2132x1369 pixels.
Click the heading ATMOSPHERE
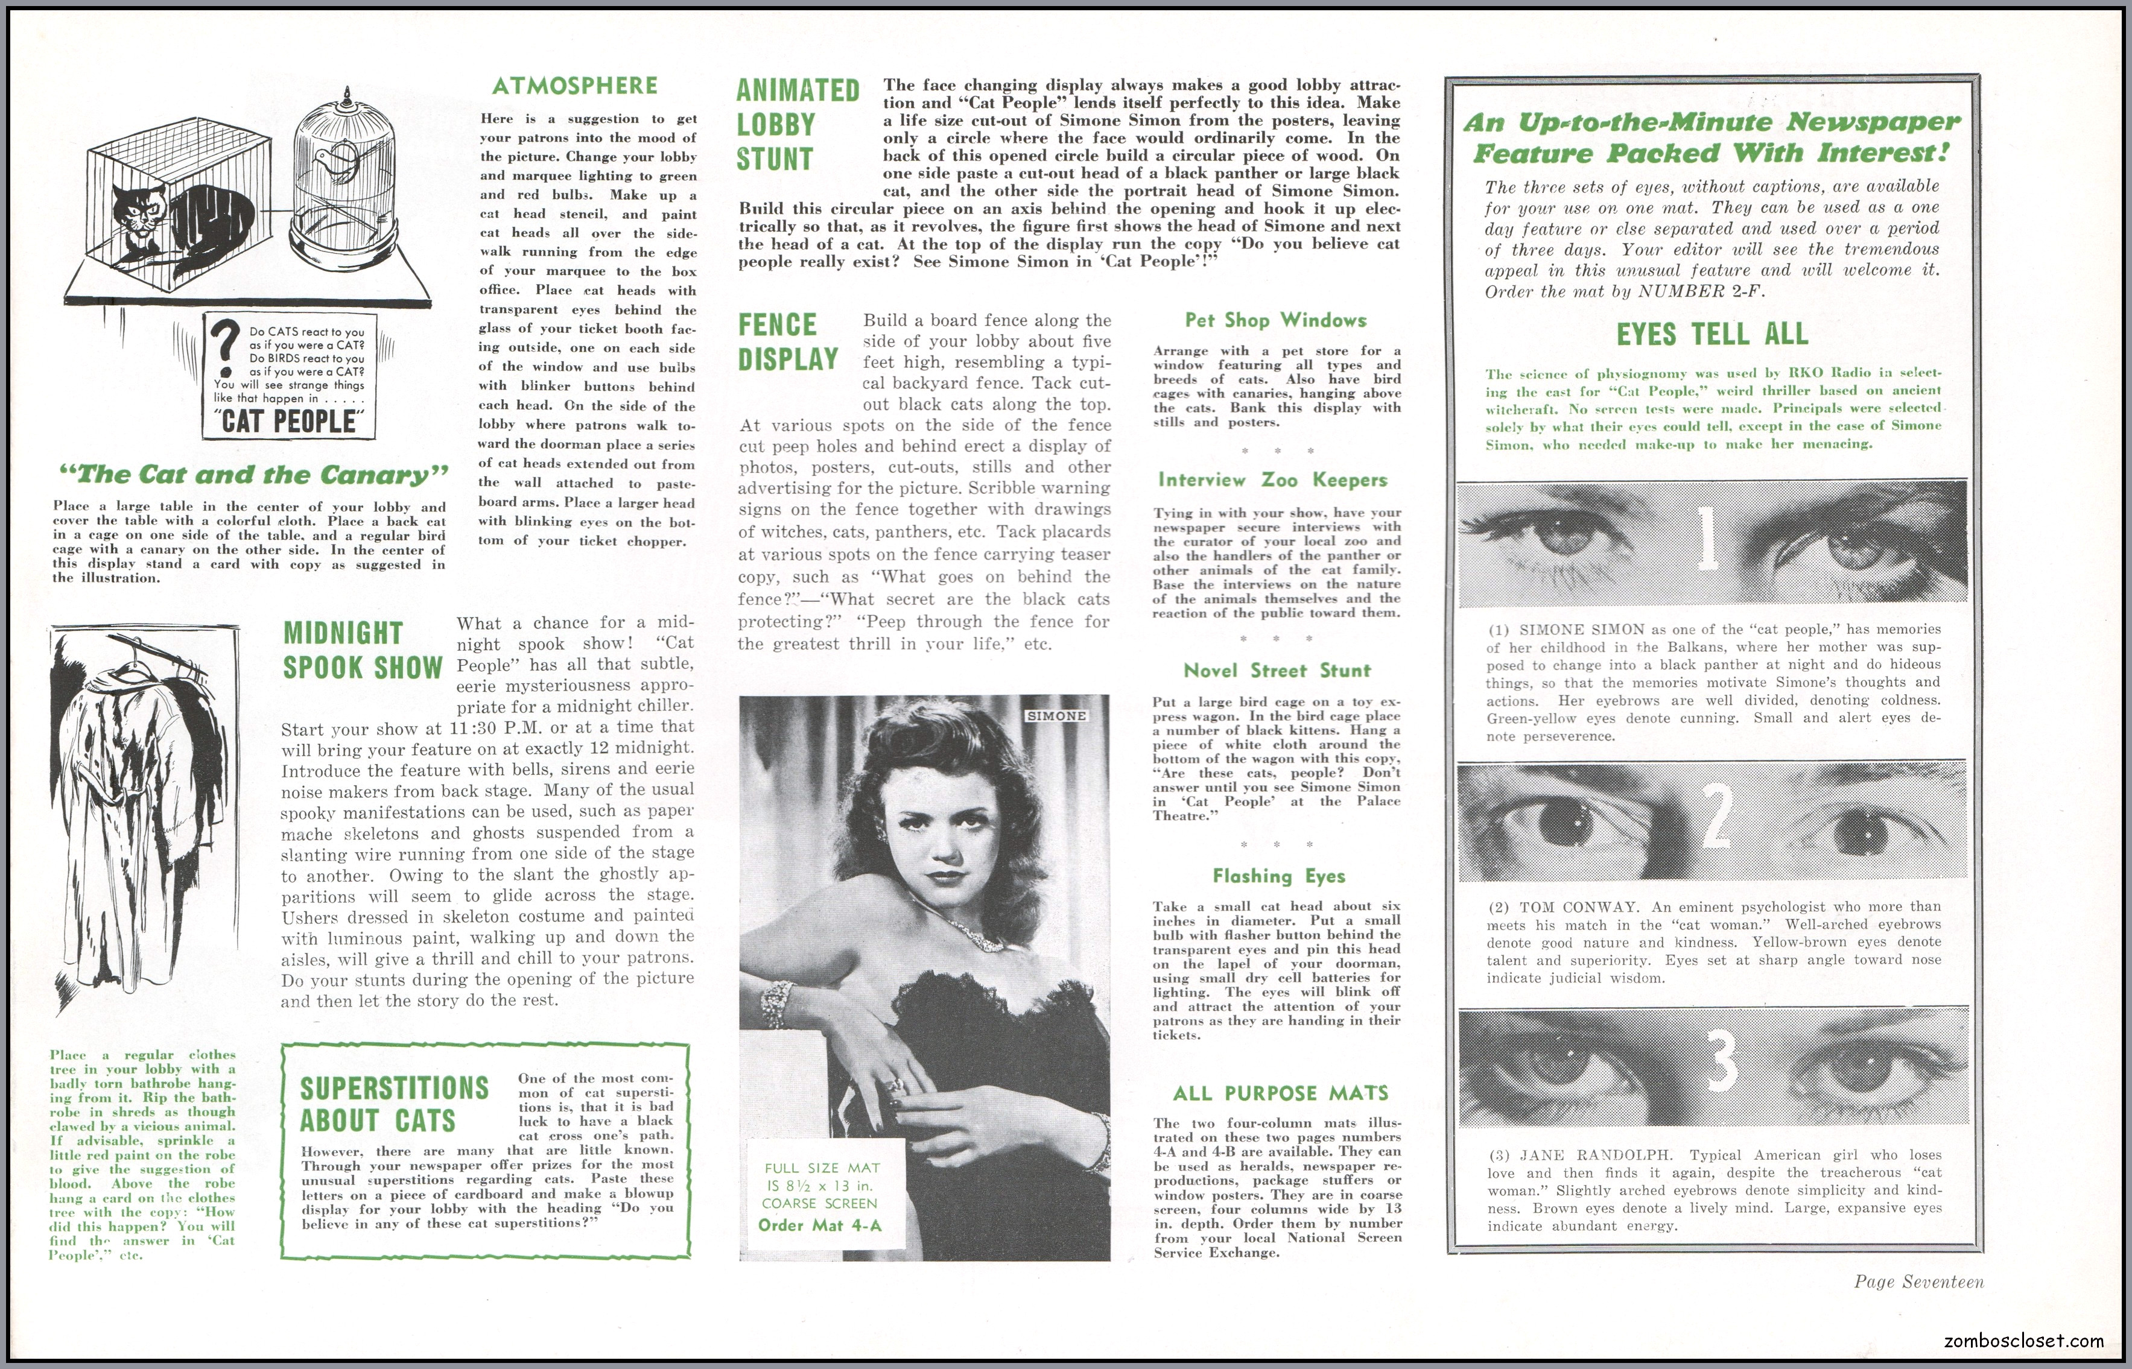pyautogui.click(x=574, y=86)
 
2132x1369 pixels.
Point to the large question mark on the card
pyautogui.click(x=227, y=349)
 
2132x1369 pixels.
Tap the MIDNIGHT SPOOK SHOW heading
pyautogui.click(x=362, y=651)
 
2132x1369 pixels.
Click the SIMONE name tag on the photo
pyautogui.click(x=1056, y=716)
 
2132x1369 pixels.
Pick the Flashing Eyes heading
pyautogui.click(x=1278, y=876)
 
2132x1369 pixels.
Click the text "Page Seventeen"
pyautogui.click(x=1918, y=1282)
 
